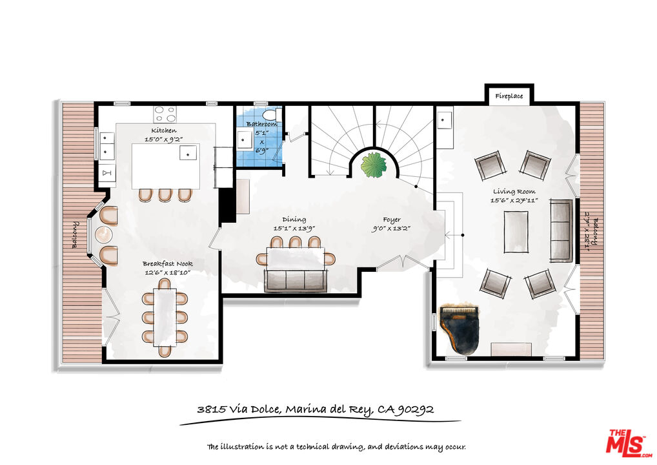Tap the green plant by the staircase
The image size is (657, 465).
(374, 165)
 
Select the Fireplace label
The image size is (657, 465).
(509, 96)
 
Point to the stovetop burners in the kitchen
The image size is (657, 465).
(165, 114)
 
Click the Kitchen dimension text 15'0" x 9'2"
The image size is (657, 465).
(164, 139)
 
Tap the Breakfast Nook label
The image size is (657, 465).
(168, 263)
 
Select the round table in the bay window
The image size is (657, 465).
(104, 235)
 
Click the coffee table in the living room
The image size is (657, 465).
(516, 232)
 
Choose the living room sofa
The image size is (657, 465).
(561, 231)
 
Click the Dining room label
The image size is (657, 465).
(294, 220)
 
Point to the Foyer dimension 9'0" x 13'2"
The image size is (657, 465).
(391, 229)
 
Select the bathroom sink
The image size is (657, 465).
(244, 139)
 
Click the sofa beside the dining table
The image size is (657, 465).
(296, 280)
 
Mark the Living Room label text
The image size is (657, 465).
(514, 192)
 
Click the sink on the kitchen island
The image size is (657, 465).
(188, 152)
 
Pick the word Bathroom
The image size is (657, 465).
(262, 124)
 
